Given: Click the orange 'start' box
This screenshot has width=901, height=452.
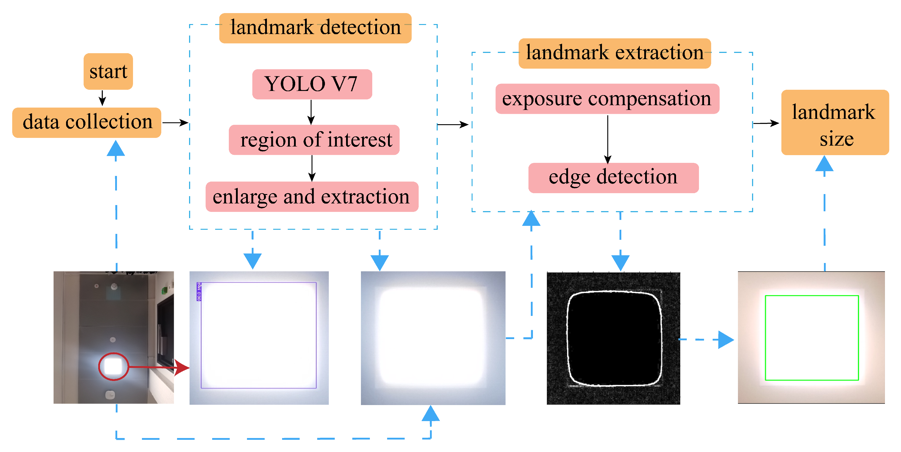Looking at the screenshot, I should click(108, 72).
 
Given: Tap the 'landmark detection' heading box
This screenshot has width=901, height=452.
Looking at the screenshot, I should click(315, 28).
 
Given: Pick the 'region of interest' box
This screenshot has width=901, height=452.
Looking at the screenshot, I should click(314, 140).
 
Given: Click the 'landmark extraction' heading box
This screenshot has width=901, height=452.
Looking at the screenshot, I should click(614, 53).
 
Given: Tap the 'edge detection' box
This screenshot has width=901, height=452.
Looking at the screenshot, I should click(613, 178).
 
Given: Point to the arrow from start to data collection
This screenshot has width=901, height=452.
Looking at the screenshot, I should click(102, 98).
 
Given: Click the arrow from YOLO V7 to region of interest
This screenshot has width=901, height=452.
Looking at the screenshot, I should click(311, 112).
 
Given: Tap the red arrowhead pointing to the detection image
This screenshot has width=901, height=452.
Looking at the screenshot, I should click(182, 368).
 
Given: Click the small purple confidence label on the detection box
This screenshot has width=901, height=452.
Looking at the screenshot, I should click(199, 292).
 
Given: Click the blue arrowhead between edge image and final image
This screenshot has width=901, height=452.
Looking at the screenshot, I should click(725, 340).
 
